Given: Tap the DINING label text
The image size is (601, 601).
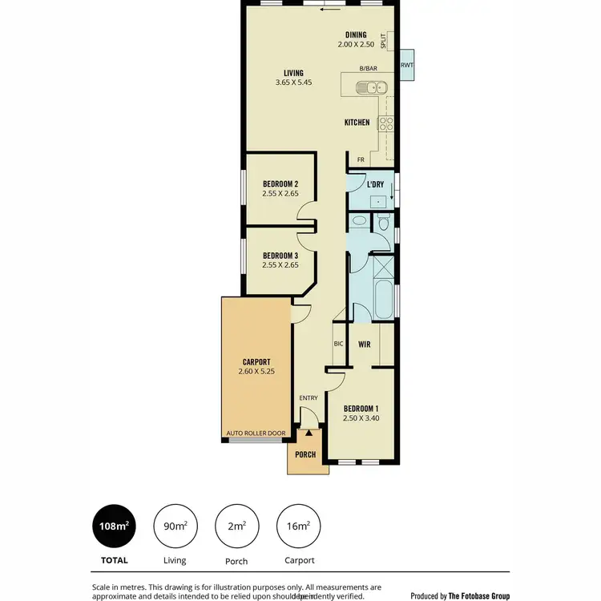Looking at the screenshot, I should (x=356, y=34).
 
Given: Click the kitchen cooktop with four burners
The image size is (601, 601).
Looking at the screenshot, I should (x=385, y=123).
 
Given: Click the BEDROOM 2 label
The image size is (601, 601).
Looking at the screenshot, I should (x=280, y=184).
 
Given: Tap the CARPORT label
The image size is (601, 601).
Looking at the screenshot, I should (x=257, y=361).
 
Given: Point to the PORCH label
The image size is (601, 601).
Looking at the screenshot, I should (x=305, y=454).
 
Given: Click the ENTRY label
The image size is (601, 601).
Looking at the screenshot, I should (x=309, y=398).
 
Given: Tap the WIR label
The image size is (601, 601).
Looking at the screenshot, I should (x=363, y=345).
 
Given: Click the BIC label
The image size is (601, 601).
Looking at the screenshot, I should (x=338, y=345).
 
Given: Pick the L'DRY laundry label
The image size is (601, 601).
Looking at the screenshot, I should (x=375, y=184).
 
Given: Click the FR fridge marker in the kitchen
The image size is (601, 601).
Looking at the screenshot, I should (x=361, y=159).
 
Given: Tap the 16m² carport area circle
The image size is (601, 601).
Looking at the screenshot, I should (x=297, y=526).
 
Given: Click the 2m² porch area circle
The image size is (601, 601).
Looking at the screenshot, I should (x=236, y=526).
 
